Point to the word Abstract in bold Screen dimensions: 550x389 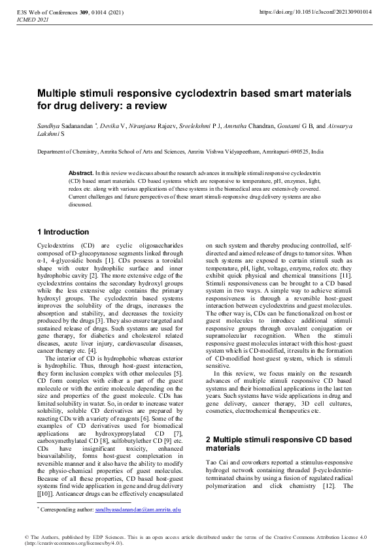pyautogui.click(x=80, y=172)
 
